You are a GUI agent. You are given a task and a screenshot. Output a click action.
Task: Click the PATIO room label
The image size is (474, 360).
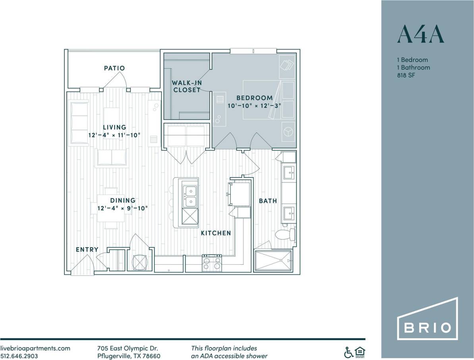click(x=114, y=68)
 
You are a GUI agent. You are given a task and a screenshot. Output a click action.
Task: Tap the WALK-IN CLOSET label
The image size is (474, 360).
click(x=186, y=86)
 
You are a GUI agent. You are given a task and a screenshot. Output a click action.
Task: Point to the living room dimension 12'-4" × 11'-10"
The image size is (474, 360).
click(x=114, y=135)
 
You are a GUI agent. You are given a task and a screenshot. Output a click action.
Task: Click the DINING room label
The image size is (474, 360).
click(x=122, y=200)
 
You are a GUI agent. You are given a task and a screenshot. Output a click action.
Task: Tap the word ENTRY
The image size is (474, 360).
click(x=87, y=249)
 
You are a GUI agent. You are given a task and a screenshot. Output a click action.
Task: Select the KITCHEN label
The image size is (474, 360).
click(x=216, y=233)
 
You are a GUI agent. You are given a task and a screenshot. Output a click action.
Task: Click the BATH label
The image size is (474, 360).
click(x=268, y=201)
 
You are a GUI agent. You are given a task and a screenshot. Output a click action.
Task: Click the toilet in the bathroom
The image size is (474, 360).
click(x=287, y=235)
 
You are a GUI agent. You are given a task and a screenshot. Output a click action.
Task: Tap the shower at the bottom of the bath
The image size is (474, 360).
click(x=273, y=261)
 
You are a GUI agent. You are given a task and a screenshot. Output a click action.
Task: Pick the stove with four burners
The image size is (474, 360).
click(x=212, y=263)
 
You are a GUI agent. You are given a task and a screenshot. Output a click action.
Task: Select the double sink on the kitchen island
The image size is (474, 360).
click(x=190, y=197)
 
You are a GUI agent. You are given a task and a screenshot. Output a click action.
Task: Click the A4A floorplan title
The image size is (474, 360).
click(x=420, y=35)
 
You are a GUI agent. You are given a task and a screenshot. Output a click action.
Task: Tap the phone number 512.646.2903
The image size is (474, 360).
click(x=19, y=356)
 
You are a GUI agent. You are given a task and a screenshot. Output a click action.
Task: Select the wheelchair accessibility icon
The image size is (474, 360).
click(x=348, y=352)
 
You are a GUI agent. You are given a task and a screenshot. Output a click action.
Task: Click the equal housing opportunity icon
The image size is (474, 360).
click(x=360, y=352)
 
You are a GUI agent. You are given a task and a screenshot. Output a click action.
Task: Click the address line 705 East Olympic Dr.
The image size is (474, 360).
click(x=127, y=348)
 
